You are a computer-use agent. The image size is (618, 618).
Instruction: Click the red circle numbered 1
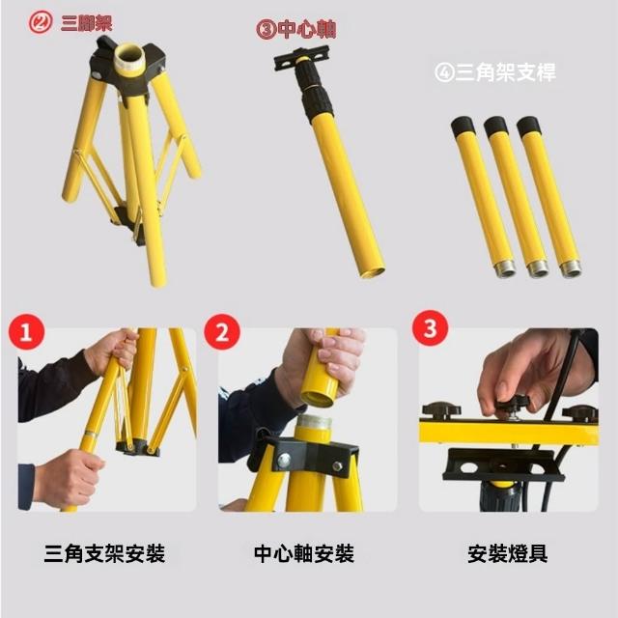point(26,331)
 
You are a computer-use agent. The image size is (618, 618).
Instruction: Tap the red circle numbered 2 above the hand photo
point(222,331)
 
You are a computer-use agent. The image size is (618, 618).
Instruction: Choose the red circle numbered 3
point(430,328)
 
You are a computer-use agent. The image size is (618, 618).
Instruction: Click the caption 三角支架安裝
point(104,553)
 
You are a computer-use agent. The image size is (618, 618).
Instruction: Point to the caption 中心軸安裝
point(304,553)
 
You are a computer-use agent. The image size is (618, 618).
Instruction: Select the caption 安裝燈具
point(508,553)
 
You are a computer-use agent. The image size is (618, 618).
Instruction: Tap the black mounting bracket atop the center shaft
point(301,58)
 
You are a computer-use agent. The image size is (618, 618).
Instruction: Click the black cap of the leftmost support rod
point(463,126)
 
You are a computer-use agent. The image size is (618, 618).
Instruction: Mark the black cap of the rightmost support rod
point(529,126)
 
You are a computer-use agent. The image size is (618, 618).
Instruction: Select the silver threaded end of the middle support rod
point(539,267)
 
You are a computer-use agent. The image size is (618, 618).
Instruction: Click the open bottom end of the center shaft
point(372,272)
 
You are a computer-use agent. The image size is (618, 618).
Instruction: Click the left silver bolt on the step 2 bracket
point(284,460)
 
